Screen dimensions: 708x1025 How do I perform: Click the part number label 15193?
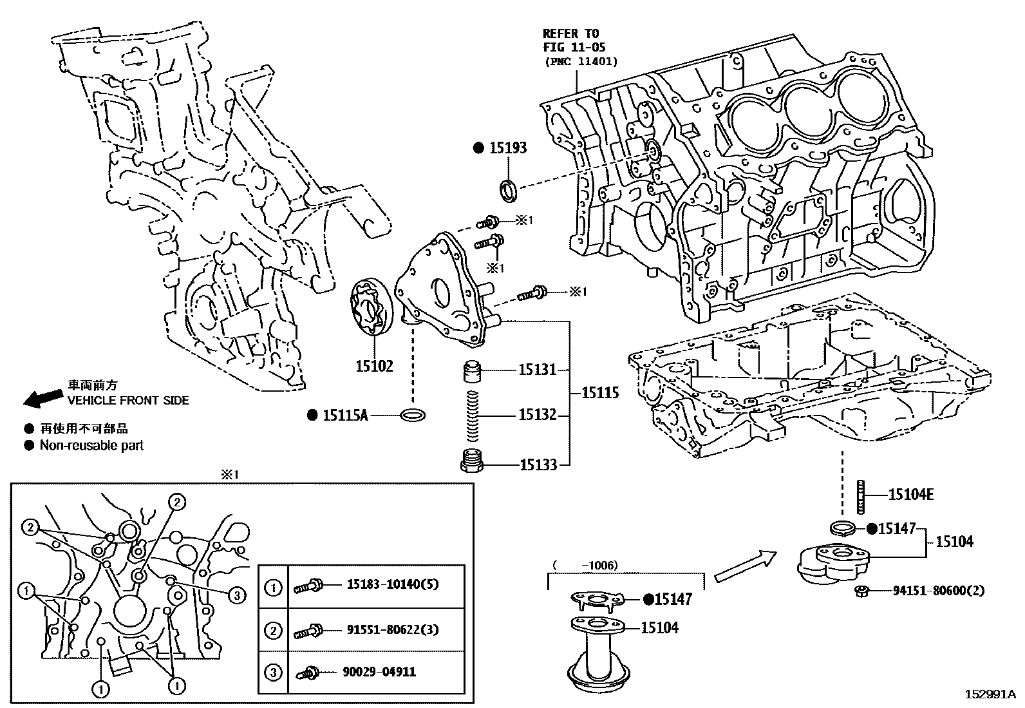507,148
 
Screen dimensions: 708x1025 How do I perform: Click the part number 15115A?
344,416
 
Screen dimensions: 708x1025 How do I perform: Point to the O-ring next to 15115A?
413,415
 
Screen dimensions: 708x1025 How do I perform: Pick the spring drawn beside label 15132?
473,414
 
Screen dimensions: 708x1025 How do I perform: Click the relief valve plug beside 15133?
473,462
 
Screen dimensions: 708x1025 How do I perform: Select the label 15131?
538,370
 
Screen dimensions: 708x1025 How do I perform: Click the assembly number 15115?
600,392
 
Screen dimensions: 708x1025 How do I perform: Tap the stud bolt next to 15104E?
861,497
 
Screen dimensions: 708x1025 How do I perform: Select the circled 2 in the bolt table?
274,629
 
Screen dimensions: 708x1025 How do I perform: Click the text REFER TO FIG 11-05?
573,41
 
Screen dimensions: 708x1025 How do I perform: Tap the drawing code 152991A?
989,694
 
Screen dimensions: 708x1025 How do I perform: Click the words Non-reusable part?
91,445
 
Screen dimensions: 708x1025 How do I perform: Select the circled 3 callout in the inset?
237,595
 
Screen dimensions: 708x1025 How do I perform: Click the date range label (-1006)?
585,565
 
